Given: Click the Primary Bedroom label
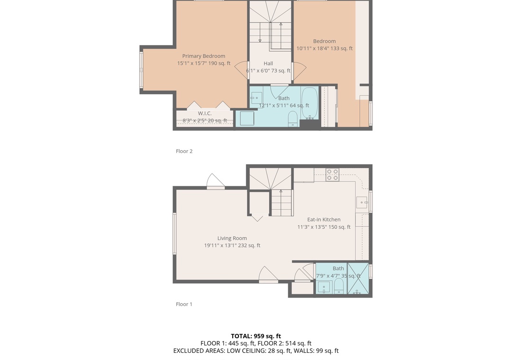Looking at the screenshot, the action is pos(203,56).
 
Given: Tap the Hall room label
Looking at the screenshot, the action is pos(268,63).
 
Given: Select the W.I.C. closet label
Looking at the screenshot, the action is pos(205,113).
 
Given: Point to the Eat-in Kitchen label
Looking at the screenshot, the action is pos(324,220).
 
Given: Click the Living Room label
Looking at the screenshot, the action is pos(232,238).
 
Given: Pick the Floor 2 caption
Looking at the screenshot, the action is pos(184,151).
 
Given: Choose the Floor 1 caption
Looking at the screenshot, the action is pos(184,304).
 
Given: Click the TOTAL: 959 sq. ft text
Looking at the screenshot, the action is pos(256,336).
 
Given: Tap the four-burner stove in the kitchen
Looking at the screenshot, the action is pos(332,175).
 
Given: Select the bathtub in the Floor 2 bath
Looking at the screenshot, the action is pos(310,103).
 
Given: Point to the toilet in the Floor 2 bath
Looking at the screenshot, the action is pos(293,118).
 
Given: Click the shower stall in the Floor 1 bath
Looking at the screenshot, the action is pos(358,279).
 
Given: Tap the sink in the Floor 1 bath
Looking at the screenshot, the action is pos(324,287).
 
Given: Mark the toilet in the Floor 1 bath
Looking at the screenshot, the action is pos(339,286).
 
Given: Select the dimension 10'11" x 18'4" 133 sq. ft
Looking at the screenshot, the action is pos(324,48).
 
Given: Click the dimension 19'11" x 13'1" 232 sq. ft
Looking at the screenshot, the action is pos(232,245).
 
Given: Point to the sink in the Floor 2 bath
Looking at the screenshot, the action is pos(256,98).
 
